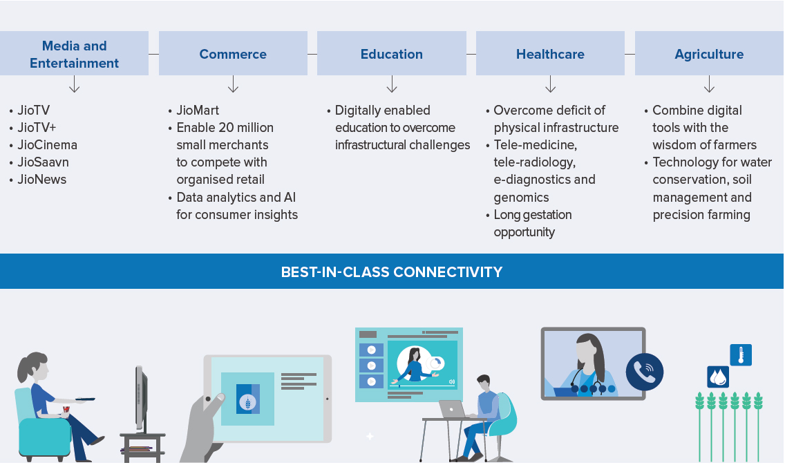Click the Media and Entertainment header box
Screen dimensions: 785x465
click(x=74, y=54)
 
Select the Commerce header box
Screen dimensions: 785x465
click(x=233, y=54)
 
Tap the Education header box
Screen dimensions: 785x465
click(x=392, y=54)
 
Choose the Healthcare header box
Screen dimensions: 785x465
click(x=550, y=54)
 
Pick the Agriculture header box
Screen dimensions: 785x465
click(x=710, y=54)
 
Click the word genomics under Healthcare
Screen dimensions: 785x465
click(x=521, y=198)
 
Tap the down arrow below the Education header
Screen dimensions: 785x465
click(x=392, y=84)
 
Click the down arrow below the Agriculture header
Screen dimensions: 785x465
click(x=710, y=84)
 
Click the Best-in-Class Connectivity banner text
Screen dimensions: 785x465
click(x=392, y=272)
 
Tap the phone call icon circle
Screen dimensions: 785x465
click(x=644, y=372)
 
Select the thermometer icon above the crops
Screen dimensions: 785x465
click(x=741, y=355)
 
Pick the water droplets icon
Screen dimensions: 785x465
click(x=718, y=377)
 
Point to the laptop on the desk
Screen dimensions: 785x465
click(x=453, y=410)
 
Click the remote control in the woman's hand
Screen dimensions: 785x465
click(x=85, y=399)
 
